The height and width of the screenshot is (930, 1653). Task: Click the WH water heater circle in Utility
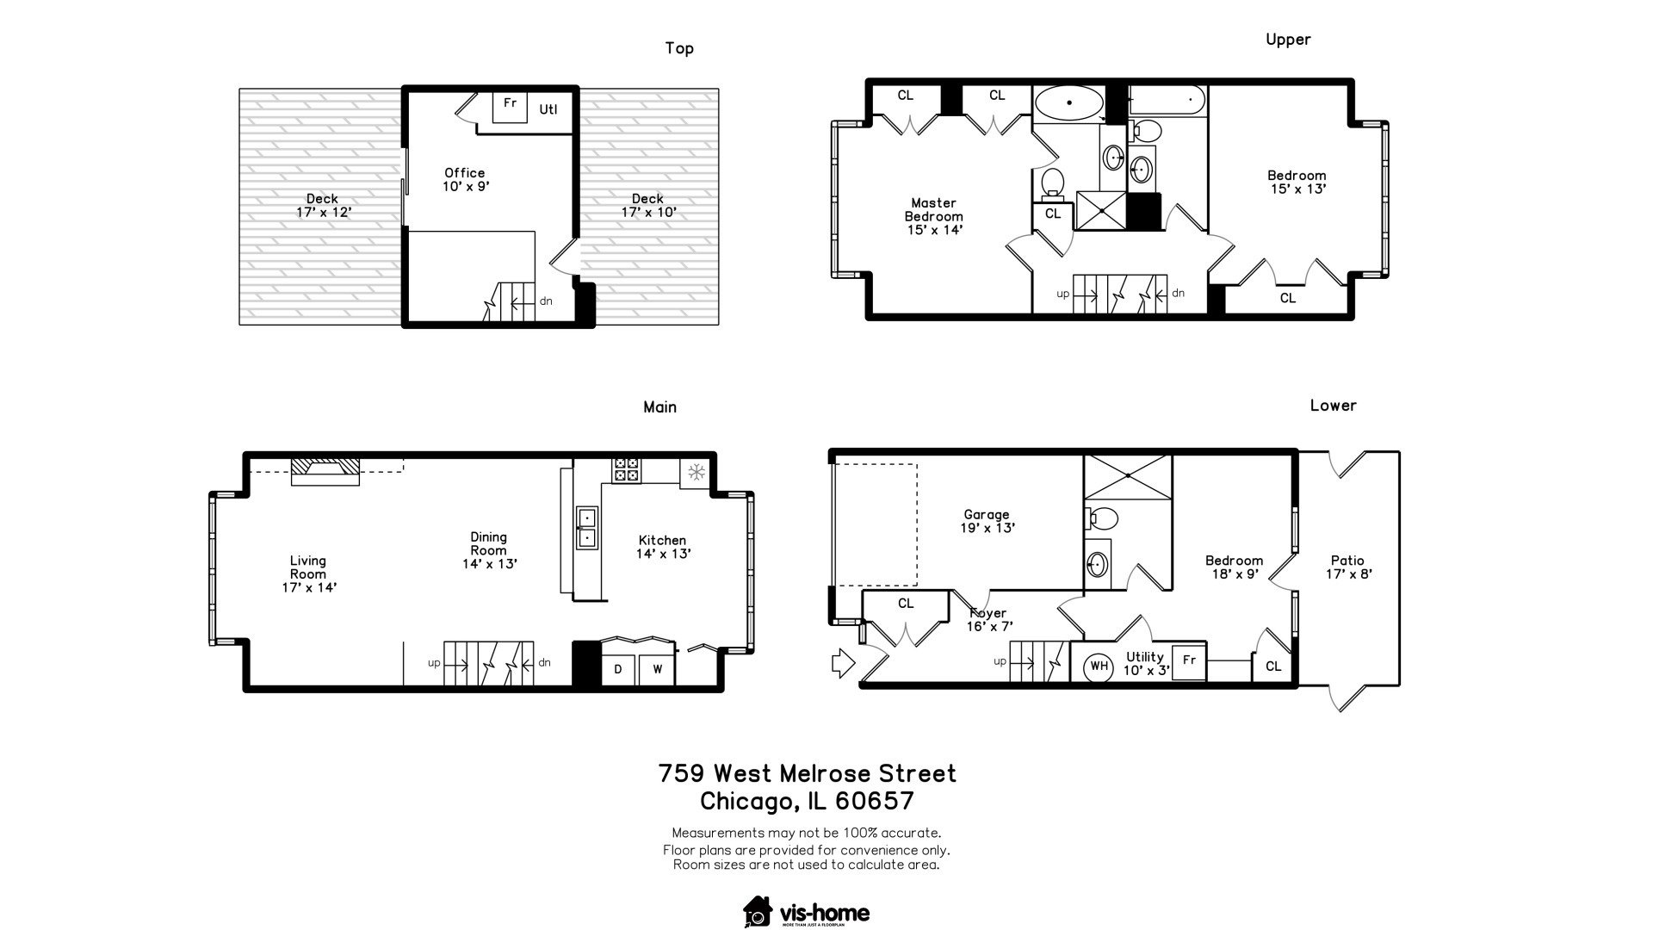(1099, 665)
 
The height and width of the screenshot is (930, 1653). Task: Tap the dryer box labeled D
(618, 669)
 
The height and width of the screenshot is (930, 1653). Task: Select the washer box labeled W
(657, 669)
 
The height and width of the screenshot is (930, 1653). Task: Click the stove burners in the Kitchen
(626, 470)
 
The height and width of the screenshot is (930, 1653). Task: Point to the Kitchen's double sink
(586, 527)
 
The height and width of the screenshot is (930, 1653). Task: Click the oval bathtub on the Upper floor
(1068, 103)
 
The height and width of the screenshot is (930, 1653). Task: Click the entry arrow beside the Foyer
(842, 664)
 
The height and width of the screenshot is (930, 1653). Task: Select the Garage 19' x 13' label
(987, 522)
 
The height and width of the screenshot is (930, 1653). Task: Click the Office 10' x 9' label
(465, 179)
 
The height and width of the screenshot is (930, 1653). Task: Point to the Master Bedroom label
(934, 216)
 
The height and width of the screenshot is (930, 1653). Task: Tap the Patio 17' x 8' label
(1347, 567)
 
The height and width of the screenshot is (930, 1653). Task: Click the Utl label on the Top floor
(548, 109)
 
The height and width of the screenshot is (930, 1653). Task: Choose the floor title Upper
(1288, 40)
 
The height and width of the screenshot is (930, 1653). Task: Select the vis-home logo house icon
(758, 913)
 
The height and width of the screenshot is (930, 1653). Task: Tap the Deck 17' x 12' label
(323, 205)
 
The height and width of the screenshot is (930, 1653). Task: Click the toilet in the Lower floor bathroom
(1100, 518)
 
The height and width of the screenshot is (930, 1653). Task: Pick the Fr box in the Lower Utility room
(1189, 661)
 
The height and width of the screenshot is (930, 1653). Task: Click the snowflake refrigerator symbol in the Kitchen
(696, 472)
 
